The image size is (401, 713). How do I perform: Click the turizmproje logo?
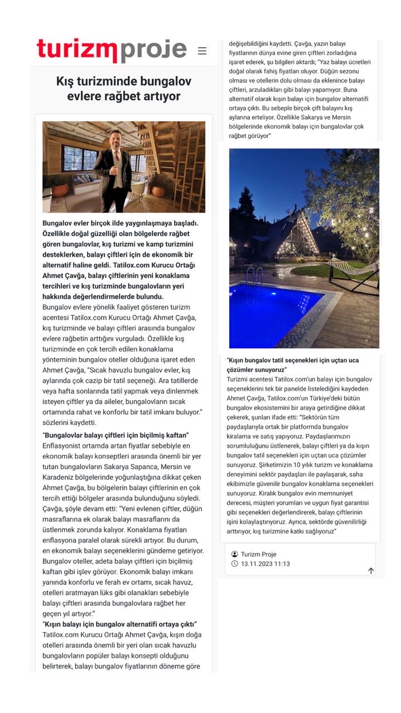(x=112, y=50)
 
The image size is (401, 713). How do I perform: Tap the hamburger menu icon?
(x=202, y=51)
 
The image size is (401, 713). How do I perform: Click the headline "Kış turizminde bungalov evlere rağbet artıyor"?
(x=118, y=89)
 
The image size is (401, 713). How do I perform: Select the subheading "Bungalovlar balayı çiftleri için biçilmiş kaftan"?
(x=117, y=434)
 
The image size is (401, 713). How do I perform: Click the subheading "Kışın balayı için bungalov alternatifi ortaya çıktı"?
(x=119, y=624)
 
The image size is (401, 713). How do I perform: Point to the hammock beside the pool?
(x=351, y=270)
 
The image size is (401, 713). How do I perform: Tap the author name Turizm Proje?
(x=258, y=554)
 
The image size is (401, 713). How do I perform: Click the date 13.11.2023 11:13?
(x=265, y=564)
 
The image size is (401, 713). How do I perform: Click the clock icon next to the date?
(x=234, y=564)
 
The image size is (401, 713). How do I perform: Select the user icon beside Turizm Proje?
(x=234, y=554)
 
